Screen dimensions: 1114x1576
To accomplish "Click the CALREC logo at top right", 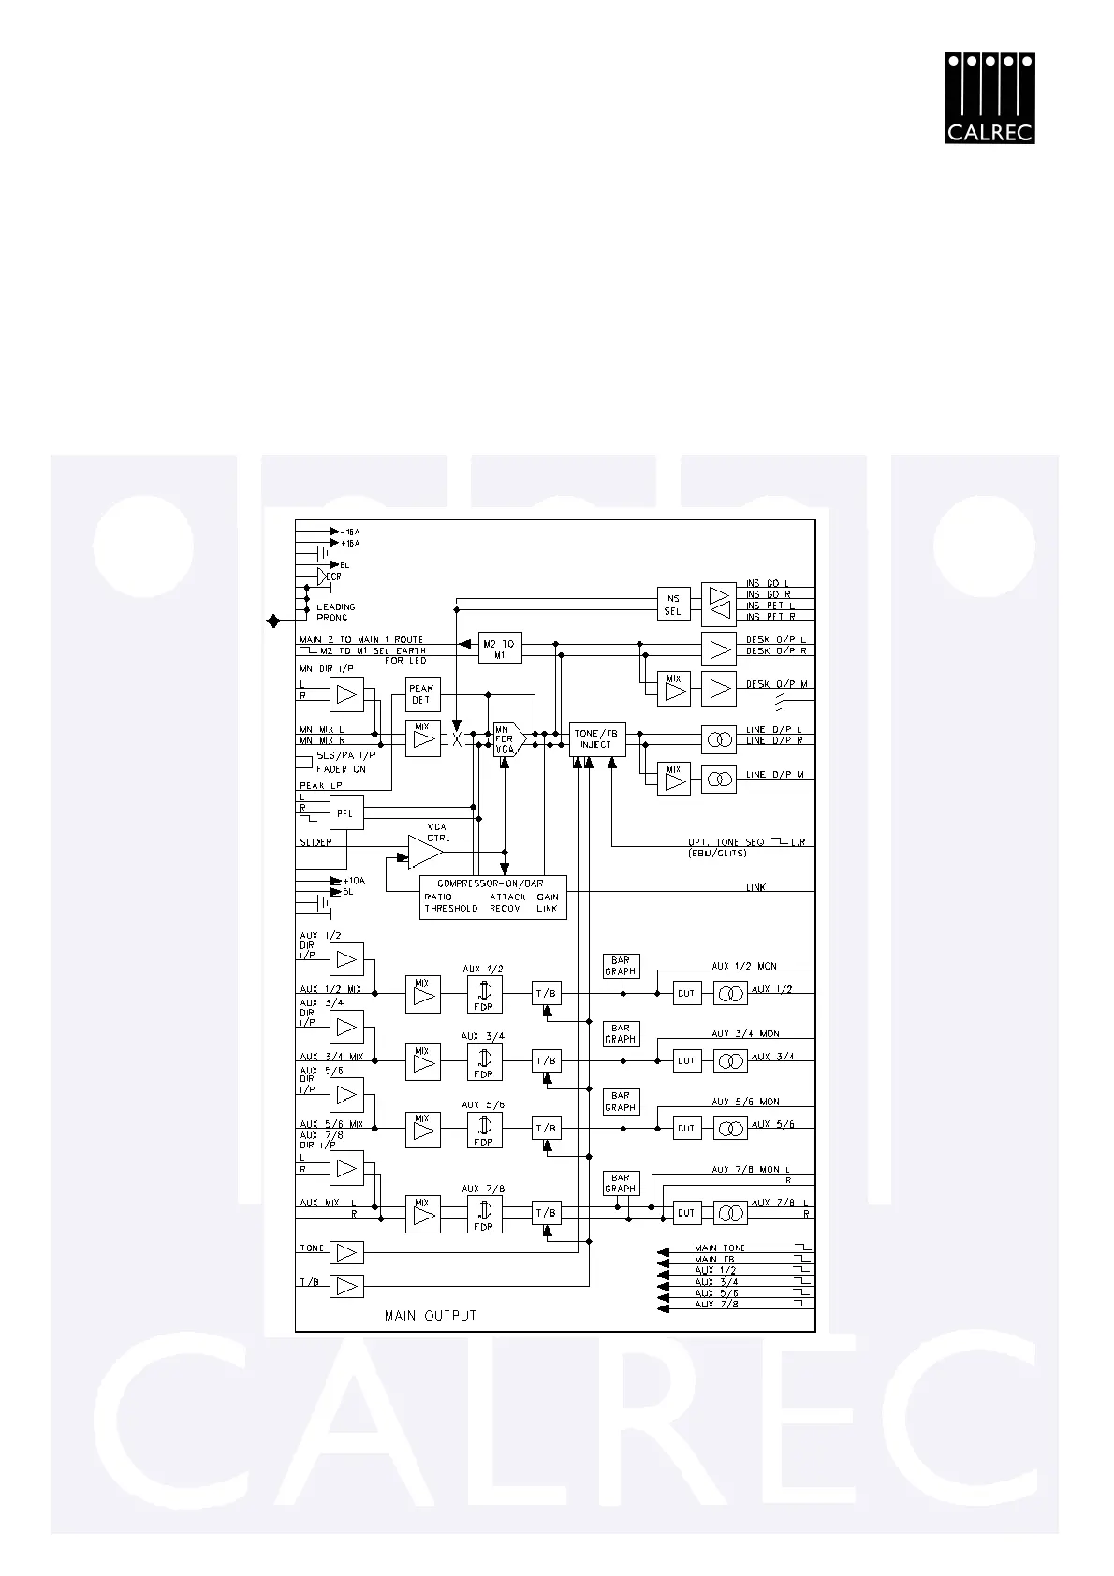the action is pyautogui.click(x=989, y=97).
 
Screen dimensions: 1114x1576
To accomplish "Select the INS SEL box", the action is pyautogui.click(x=673, y=605).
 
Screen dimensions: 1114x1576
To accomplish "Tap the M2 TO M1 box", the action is pyautogui.click(x=499, y=649).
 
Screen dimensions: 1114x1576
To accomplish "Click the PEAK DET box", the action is pyautogui.click(x=422, y=694).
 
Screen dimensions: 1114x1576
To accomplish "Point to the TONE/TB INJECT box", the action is pyautogui.click(x=596, y=739).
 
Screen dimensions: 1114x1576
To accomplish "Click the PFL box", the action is pyautogui.click(x=345, y=813).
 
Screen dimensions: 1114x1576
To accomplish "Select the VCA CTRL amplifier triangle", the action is pyautogui.click(x=425, y=853).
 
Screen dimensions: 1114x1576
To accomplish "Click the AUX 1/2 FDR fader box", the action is pyautogui.click(x=484, y=994).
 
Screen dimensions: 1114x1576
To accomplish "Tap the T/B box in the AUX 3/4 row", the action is pyautogui.click(x=547, y=1061).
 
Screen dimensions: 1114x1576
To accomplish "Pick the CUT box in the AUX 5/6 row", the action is pyautogui.click(x=686, y=1129).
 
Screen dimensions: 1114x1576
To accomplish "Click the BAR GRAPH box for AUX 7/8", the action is pyautogui.click(x=620, y=1183).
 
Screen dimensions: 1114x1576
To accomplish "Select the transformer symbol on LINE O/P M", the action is pyautogui.click(x=718, y=779).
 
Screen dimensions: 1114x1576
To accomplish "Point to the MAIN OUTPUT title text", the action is pyautogui.click(x=431, y=1316).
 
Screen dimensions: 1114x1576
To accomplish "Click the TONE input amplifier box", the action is pyautogui.click(x=346, y=1252).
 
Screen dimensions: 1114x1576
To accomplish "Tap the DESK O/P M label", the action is pyautogui.click(x=776, y=684).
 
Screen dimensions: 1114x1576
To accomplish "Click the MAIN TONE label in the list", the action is pyautogui.click(x=720, y=1248).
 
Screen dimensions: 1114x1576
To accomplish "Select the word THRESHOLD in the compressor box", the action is pyautogui.click(x=451, y=908).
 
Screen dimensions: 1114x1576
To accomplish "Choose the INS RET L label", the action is pyautogui.click(x=770, y=606).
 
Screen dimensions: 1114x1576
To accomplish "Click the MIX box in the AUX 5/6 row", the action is pyautogui.click(x=422, y=1130).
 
